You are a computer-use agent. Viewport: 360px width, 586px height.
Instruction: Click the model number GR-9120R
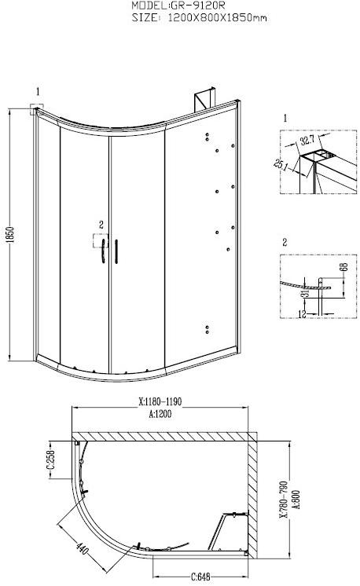click(x=198, y=5)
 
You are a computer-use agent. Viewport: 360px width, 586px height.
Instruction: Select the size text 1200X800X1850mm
click(x=218, y=17)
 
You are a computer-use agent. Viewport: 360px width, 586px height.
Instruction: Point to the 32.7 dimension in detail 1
click(x=308, y=141)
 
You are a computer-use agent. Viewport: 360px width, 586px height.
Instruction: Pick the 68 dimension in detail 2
click(x=344, y=267)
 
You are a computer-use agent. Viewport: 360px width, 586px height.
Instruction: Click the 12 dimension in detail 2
click(x=303, y=313)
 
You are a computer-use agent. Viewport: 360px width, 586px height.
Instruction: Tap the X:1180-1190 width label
click(x=160, y=401)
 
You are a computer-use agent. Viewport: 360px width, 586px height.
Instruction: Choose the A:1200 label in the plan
click(x=160, y=414)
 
